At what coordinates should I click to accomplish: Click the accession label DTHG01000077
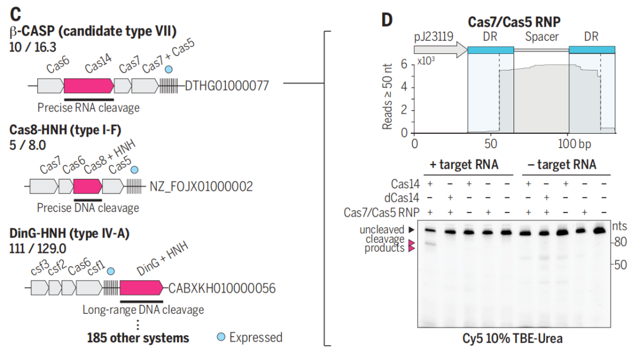227,86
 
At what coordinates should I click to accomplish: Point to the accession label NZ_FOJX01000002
202,187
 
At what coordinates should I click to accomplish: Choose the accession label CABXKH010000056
222,288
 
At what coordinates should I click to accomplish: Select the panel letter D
386,20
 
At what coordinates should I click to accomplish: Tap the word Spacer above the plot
542,37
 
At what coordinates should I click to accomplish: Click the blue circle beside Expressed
221,337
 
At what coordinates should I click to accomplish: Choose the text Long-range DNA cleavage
143,309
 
